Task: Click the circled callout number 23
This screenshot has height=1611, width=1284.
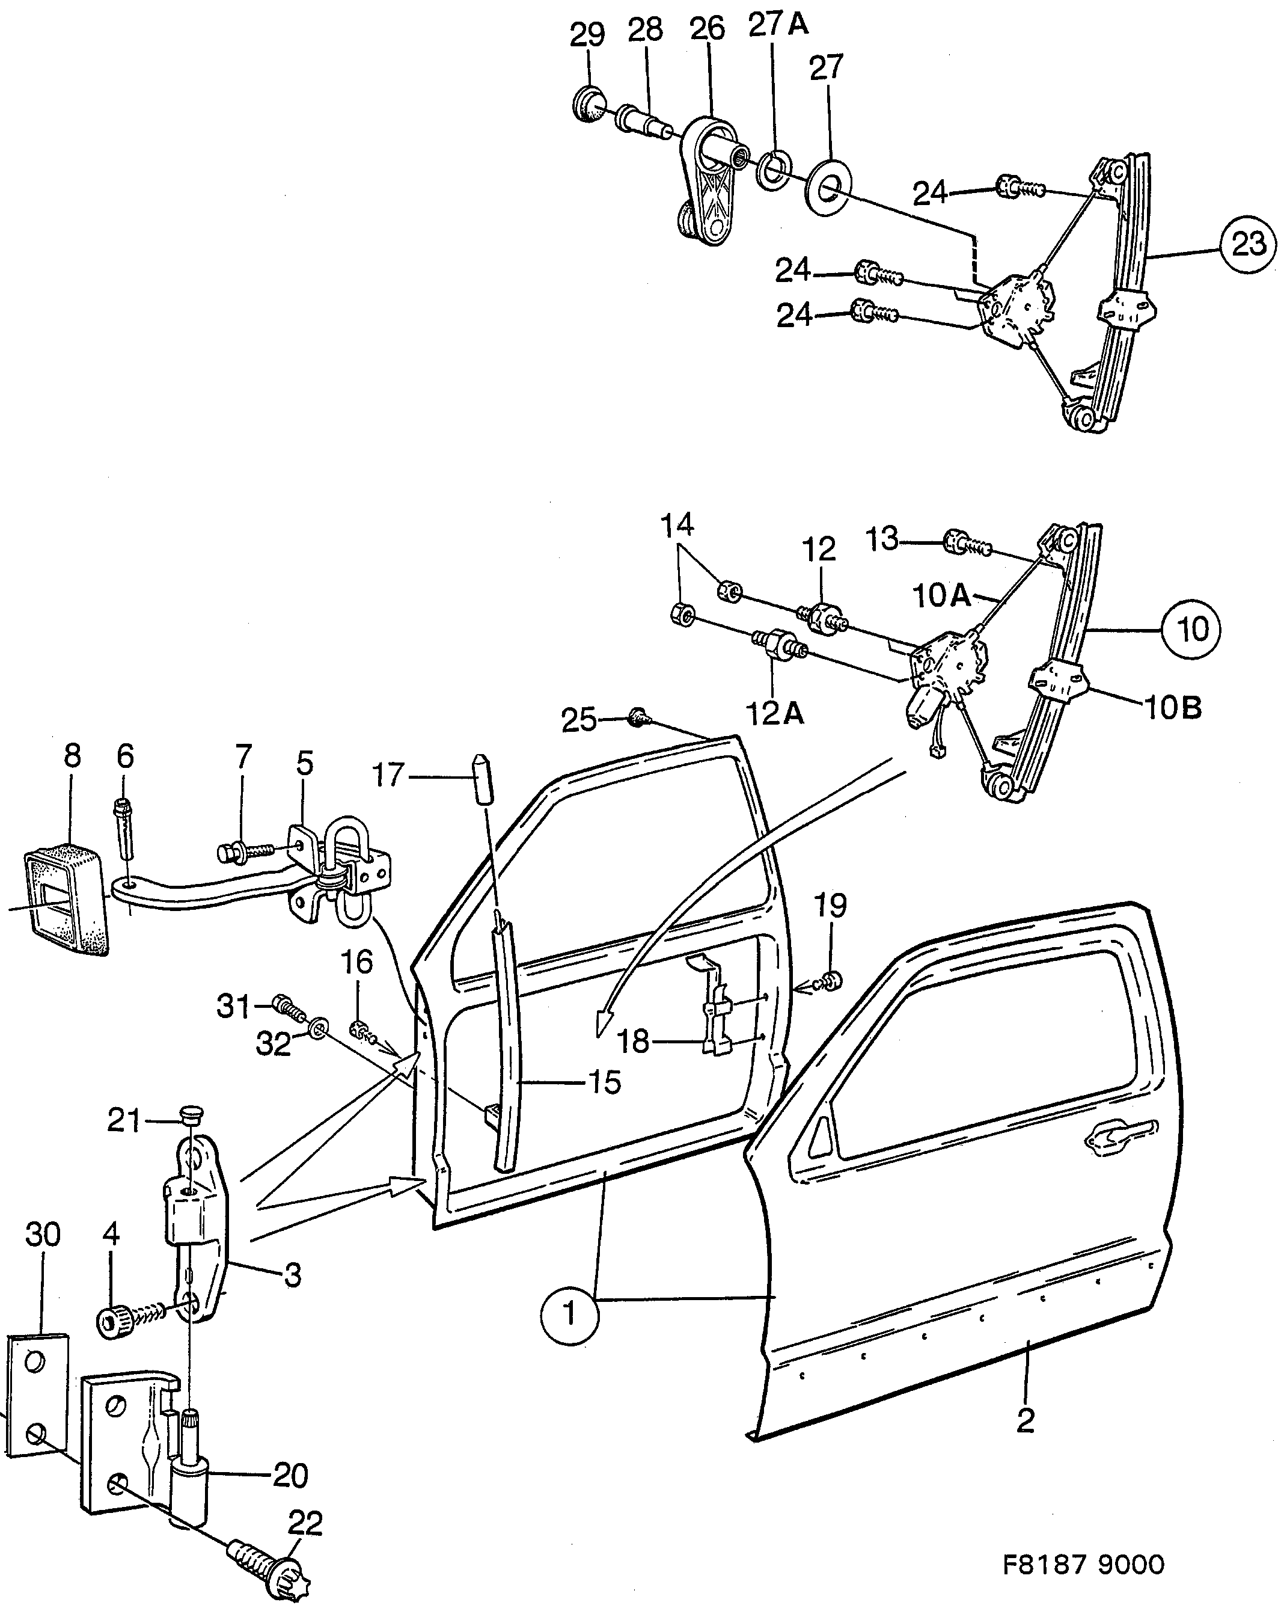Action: (1247, 244)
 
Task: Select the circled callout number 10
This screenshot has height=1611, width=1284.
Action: (1191, 629)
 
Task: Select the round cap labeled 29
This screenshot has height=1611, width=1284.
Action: (589, 104)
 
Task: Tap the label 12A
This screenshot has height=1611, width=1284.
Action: (775, 715)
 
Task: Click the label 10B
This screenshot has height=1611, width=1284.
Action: (1173, 707)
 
